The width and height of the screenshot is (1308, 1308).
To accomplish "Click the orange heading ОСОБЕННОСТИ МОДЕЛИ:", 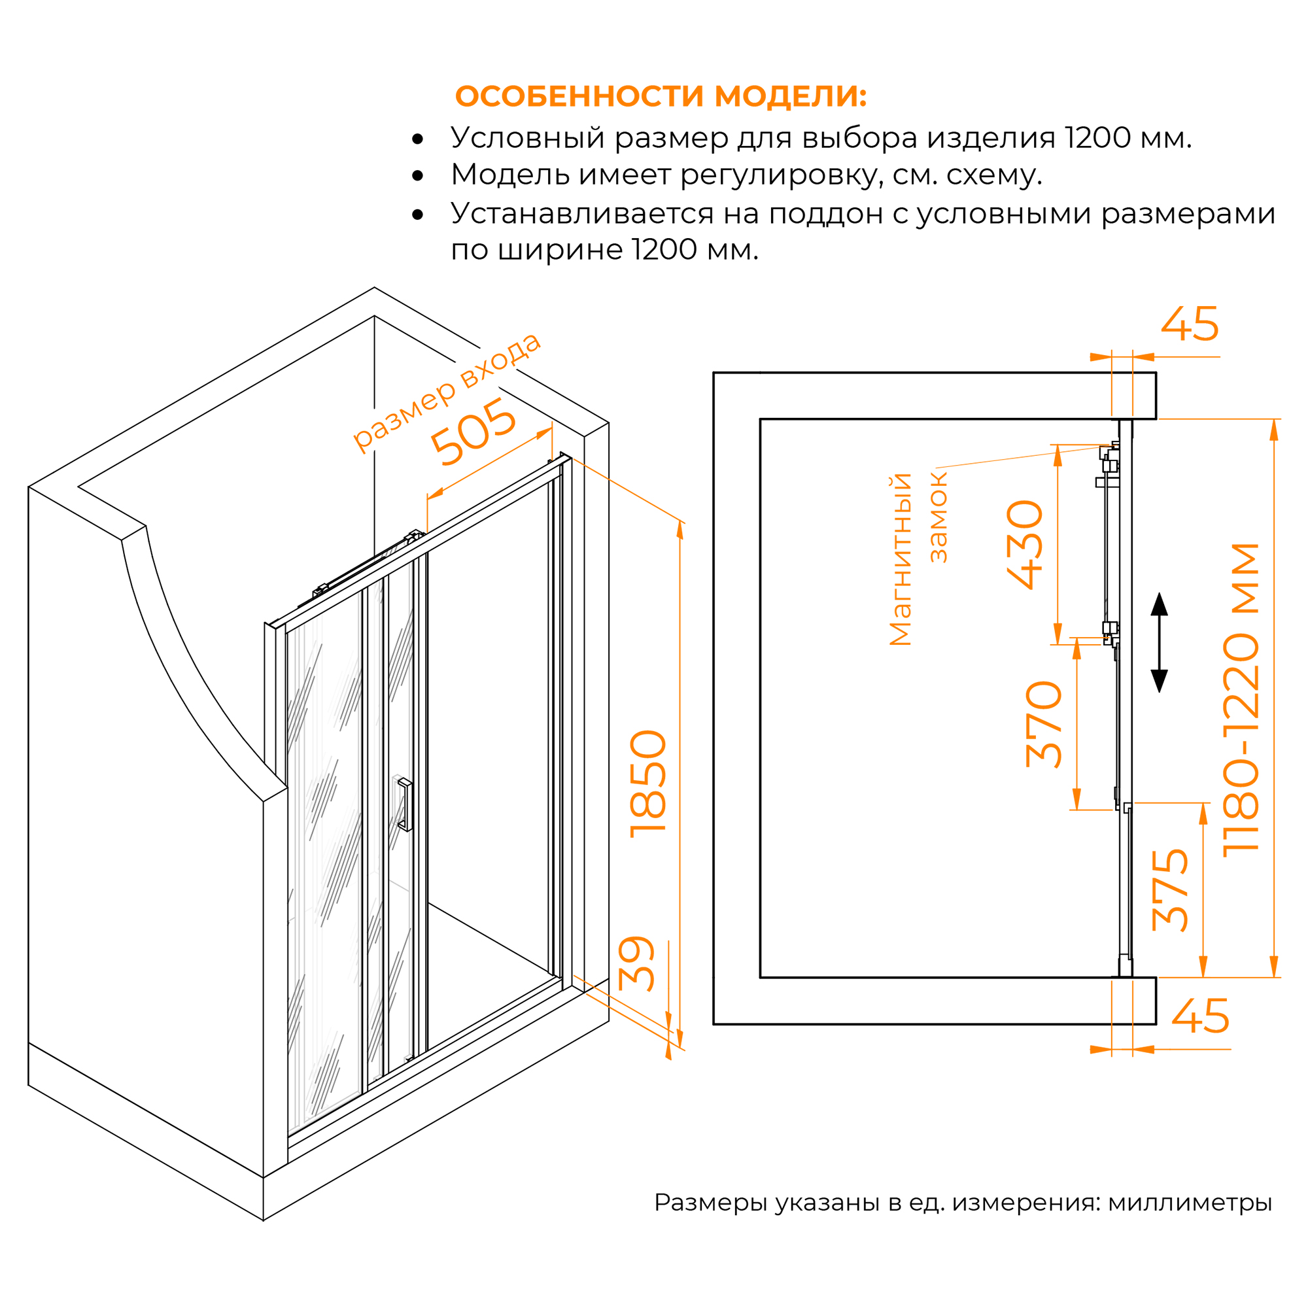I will (x=661, y=96).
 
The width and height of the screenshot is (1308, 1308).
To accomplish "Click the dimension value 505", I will (x=474, y=431).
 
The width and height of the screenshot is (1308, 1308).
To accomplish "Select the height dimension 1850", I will (x=649, y=784).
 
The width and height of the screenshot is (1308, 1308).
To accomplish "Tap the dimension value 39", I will (x=637, y=964).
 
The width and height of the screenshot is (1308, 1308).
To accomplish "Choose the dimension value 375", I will (x=1170, y=889).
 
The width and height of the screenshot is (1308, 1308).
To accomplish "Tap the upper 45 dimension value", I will (x=1190, y=325).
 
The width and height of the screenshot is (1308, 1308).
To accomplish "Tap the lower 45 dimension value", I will (x=1200, y=1016).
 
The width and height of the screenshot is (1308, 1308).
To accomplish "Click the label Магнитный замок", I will (x=918, y=559).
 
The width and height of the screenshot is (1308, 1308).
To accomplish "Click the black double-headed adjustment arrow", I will (x=1160, y=642).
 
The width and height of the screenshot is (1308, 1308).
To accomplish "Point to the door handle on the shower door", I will (x=405, y=804).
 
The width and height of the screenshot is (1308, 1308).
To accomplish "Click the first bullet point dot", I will (x=418, y=139).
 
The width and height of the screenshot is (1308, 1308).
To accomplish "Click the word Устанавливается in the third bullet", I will (x=582, y=214).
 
